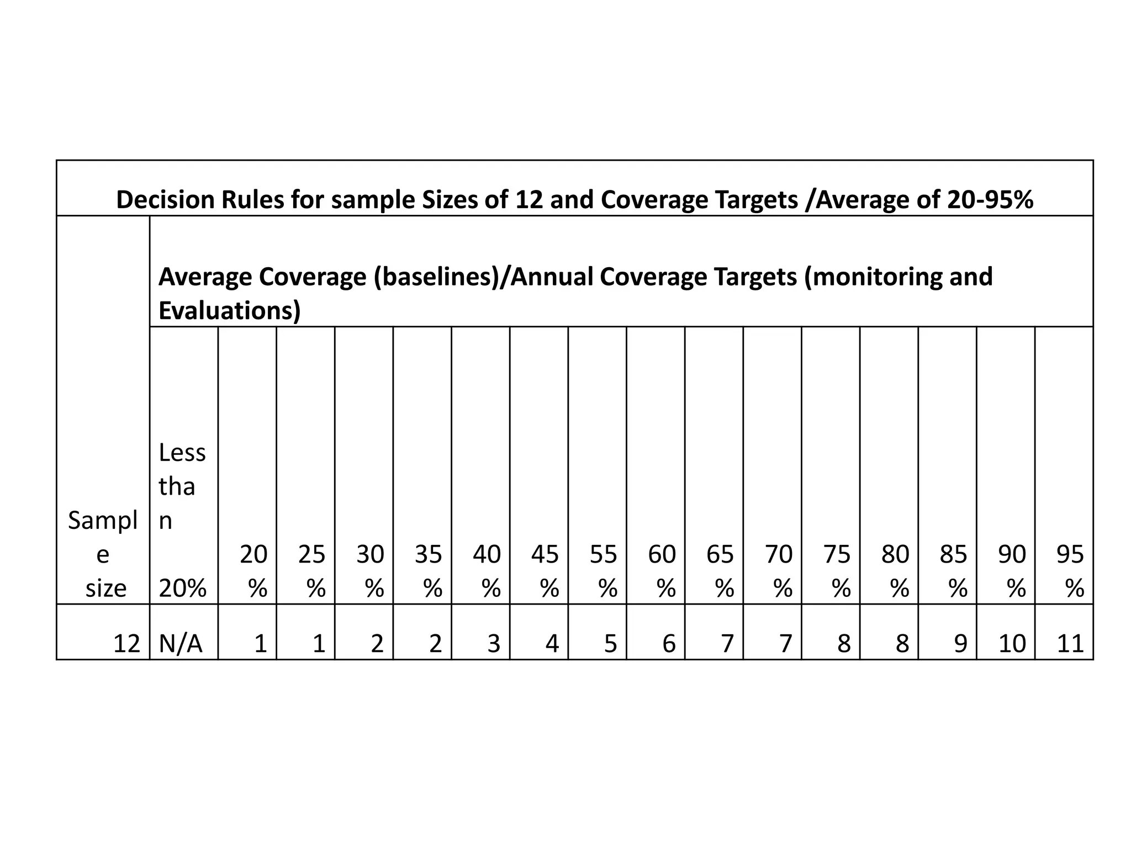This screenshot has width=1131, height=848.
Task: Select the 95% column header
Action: pyautogui.click(x=1070, y=571)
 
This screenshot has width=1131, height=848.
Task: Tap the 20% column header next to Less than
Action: pyautogui.click(x=253, y=571)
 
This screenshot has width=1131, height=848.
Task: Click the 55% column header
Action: pyautogui.click(x=603, y=571)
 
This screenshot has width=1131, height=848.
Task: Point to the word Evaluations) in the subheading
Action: pyautogui.click(x=229, y=311)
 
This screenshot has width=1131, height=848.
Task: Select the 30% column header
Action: pyautogui.click(x=370, y=571)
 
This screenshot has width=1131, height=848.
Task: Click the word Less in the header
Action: pyautogui.click(x=182, y=453)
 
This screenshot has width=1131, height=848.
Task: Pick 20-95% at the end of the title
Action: pyautogui.click(x=990, y=200)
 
